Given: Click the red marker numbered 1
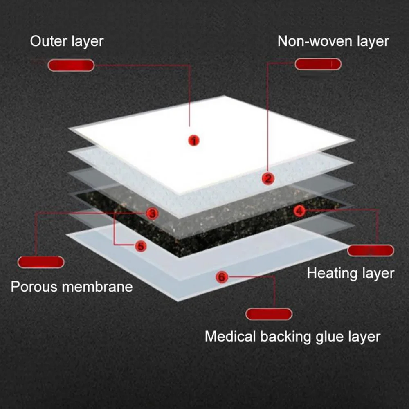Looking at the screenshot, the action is (194, 141).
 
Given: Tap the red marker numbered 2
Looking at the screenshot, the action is (268, 178).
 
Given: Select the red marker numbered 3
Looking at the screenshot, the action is (152, 213).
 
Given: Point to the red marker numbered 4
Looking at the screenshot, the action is (300, 211).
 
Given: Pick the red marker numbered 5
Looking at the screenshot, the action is (141, 246).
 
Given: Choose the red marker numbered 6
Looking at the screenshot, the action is (221, 277).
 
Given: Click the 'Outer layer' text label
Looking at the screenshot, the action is (67, 41).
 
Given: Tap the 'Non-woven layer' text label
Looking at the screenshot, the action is (333, 41).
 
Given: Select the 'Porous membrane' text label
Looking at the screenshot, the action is (72, 286).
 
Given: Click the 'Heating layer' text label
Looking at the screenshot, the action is (351, 273).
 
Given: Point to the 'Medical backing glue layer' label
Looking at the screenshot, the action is (292, 337).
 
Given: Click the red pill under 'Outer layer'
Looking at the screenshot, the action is (71, 65).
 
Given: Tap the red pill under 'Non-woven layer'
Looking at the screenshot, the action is (318, 64).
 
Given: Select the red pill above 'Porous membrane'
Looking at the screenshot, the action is (41, 262).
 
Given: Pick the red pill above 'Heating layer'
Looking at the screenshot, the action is (371, 250).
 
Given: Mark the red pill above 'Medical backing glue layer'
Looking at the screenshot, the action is (269, 314).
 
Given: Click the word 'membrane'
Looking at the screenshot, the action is (97, 286).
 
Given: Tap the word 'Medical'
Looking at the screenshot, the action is (230, 337).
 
